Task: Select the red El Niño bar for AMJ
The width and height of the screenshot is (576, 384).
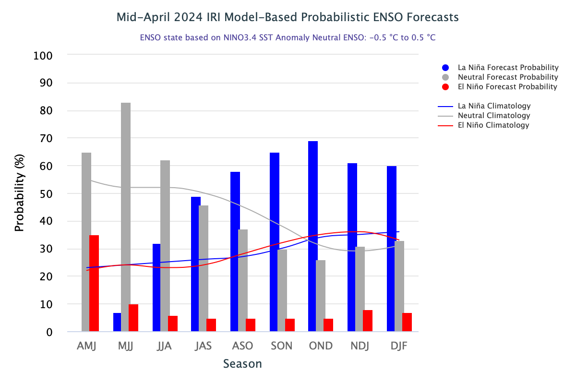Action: click(94, 283)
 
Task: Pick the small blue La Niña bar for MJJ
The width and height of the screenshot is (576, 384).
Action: click(117, 322)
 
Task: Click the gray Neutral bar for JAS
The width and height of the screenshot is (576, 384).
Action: click(204, 268)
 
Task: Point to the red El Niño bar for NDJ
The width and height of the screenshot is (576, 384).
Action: click(368, 321)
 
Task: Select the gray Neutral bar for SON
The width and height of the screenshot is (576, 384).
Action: click(282, 290)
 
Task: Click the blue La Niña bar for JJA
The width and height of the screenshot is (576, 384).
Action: click(156, 288)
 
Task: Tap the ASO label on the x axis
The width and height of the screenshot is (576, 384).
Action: click(242, 346)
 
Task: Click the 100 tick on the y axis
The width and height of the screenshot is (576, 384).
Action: click(43, 56)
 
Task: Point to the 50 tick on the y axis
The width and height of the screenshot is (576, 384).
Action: click(47, 194)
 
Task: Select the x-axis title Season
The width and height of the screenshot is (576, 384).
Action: click(242, 364)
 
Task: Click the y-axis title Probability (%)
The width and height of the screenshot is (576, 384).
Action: click(19, 193)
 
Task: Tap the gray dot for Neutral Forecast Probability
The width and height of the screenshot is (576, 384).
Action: click(445, 77)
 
